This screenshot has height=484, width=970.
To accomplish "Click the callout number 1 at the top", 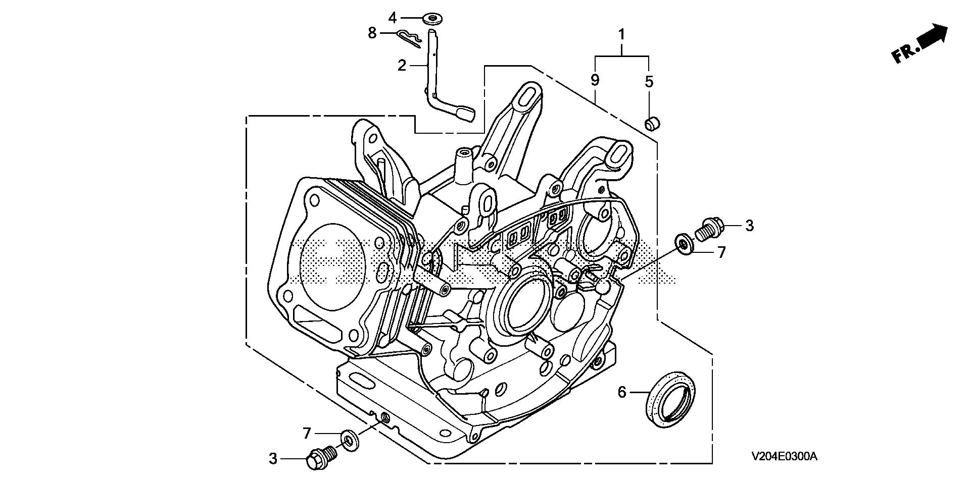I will (x=621, y=35).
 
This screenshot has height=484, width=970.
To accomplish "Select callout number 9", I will (x=595, y=80).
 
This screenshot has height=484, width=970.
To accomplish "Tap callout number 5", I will (x=649, y=81).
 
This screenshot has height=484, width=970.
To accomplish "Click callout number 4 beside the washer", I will (x=393, y=18).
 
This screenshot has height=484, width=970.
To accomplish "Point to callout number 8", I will (x=372, y=33).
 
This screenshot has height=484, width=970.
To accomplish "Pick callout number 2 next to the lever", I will (x=402, y=65).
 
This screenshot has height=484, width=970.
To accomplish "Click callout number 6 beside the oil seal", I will (x=622, y=392).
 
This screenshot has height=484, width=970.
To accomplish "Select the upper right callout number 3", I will (x=749, y=226).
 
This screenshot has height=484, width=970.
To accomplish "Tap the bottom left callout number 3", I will (x=273, y=459).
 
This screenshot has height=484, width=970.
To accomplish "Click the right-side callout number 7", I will (x=721, y=252).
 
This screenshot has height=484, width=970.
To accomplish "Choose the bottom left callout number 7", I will (x=307, y=433).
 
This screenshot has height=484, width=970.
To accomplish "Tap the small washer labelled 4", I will (x=432, y=20).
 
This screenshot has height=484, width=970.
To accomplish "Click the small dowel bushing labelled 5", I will (x=652, y=123).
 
